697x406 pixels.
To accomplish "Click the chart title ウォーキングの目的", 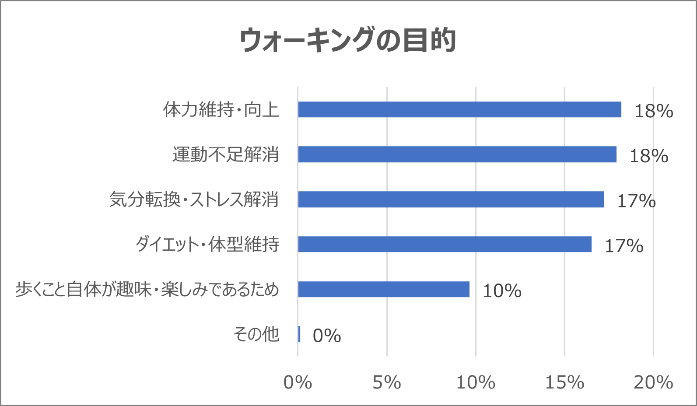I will click(x=348, y=40).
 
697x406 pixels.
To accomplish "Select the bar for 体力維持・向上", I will click(x=459, y=109).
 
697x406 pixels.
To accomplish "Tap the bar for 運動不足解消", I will click(x=457, y=154).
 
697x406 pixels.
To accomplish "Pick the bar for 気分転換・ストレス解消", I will click(x=451, y=199).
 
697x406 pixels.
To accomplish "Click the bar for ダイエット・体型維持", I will click(x=445, y=244).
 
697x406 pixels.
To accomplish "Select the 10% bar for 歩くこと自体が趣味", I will click(x=384, y=289).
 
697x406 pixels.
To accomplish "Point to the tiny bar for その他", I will click(x=299, y=334).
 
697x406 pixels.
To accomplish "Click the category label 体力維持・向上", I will click(x=221, y=110).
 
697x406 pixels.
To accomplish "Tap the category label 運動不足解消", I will click(x=225, y=155).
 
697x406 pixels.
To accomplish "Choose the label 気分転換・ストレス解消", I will click(x=194, y=200).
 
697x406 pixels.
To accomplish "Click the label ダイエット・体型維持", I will click(x=207, y=245).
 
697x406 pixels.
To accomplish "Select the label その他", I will click(x=256, y=335).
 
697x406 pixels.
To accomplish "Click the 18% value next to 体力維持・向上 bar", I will click(x=654, y=111).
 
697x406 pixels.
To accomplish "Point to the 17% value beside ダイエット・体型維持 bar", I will click(x=624, y=246).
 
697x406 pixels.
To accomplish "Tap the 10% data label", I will click(x=502, y=291).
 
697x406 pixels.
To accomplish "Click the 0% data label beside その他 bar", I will click(x=327, y=336).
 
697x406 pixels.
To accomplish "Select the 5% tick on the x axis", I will click(x=387, y=383).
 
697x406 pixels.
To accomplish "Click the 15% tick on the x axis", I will click(x=564, y=383).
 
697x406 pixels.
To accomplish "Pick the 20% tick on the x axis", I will click(x=653, y=383).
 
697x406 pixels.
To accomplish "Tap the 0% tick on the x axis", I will click(x=298, y=383).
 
